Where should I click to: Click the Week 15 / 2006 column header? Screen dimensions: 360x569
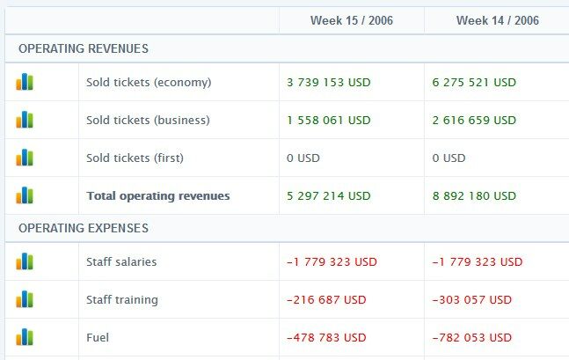351,20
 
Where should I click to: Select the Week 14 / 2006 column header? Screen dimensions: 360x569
497,20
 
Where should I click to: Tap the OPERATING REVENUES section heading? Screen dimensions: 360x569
84,48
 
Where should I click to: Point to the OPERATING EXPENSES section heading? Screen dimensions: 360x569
84,228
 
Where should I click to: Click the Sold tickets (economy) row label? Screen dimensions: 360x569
149,82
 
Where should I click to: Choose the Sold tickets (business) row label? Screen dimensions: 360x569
148,120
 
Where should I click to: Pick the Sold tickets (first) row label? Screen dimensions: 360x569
135,158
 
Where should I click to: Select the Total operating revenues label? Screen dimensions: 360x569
157,195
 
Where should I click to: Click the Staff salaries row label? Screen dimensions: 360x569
122,261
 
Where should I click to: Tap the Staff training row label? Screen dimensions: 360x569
122,299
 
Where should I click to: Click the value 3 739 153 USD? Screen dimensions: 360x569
329,82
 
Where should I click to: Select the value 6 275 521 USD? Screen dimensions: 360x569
474,82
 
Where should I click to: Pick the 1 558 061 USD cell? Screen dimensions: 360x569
329,120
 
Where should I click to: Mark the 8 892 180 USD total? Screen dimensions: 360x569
474,195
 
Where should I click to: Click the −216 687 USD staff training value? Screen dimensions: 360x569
326,299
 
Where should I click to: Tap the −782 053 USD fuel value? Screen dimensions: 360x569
472,337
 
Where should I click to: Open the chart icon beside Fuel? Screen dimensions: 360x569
25,337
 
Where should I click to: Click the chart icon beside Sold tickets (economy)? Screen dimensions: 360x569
25,82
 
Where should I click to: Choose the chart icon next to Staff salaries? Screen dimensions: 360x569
25,261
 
